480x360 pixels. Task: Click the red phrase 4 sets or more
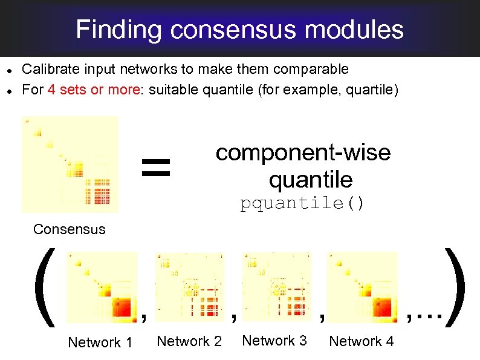[93, 90]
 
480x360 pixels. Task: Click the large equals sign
[156, 168]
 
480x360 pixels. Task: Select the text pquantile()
[302, 203]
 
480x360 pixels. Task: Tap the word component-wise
[303, 152]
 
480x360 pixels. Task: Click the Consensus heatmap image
[70, 165]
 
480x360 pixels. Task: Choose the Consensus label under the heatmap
[70, 229]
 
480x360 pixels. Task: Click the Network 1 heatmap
[102, 287]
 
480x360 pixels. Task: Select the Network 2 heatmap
[190, 286]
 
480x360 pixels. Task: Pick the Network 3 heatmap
[277, 286]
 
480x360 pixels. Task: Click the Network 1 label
[100, 342]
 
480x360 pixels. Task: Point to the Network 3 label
[274, 341]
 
